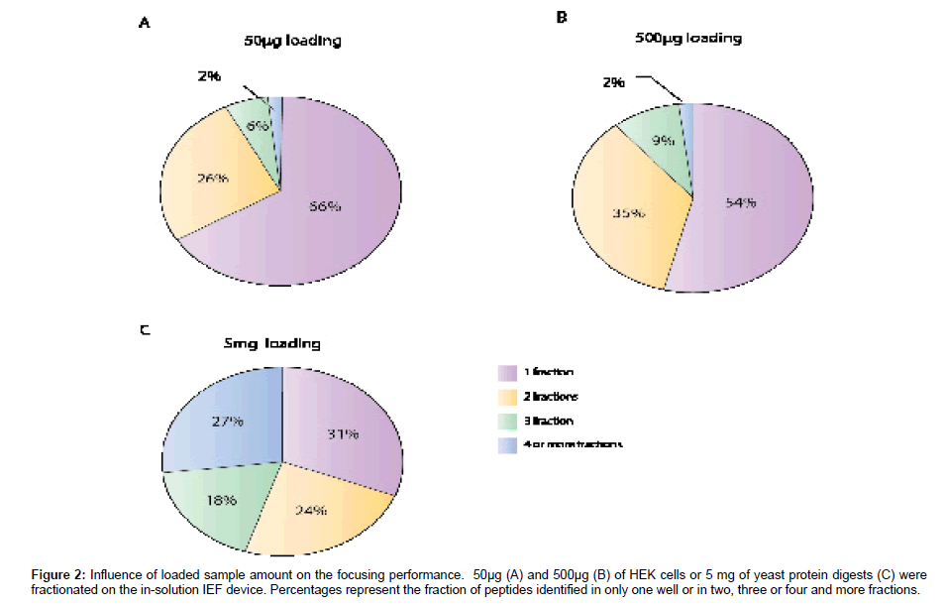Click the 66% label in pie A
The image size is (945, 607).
click(x=327, y=206)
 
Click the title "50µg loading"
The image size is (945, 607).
click(x=293, y=42)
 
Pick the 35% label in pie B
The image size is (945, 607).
click(x=630, y=211)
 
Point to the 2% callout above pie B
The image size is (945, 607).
click(x=613, y=82)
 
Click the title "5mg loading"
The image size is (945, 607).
click(x=271, y=343)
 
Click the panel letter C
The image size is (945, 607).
click(x=144, y=329)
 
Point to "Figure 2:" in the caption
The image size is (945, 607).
click(x=56, y=574)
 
